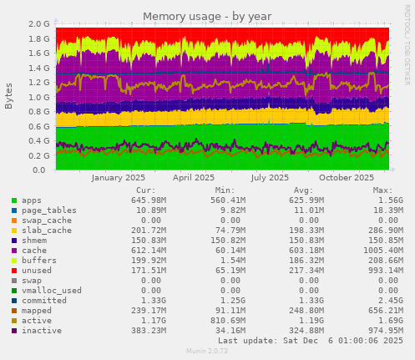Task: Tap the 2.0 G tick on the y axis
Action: [x=38, y=24]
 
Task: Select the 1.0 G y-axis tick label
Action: [x=38, y=97]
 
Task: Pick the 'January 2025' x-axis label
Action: [x=118, y=177]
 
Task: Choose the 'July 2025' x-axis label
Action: [x=270, y=177]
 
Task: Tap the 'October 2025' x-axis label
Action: [x=347, y=177]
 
